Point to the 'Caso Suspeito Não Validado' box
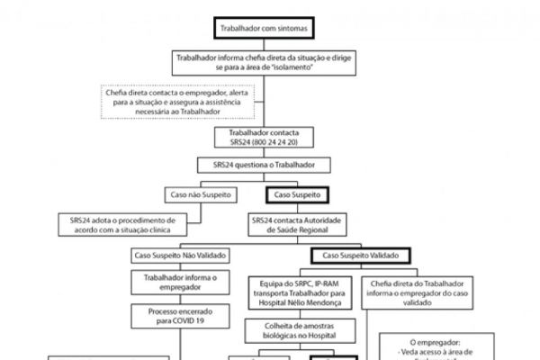click(181, 256)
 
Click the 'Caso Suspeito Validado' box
click(361, 256)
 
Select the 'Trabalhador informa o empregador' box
click(181, 282)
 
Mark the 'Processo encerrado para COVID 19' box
click(181, 315)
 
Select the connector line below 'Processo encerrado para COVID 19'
click(181, 342)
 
